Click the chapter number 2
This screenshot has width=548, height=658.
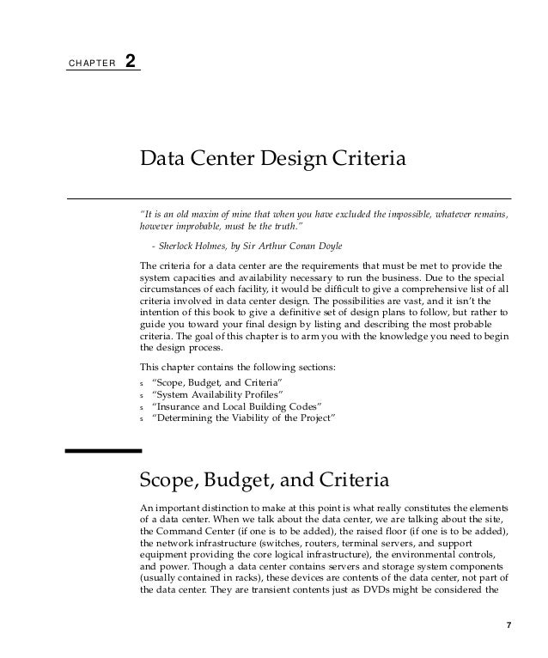[130, 63]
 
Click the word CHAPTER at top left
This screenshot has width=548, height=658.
[89, 64]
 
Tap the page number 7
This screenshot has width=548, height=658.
[508, 624]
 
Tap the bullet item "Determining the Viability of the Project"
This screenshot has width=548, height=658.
[243, 418]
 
